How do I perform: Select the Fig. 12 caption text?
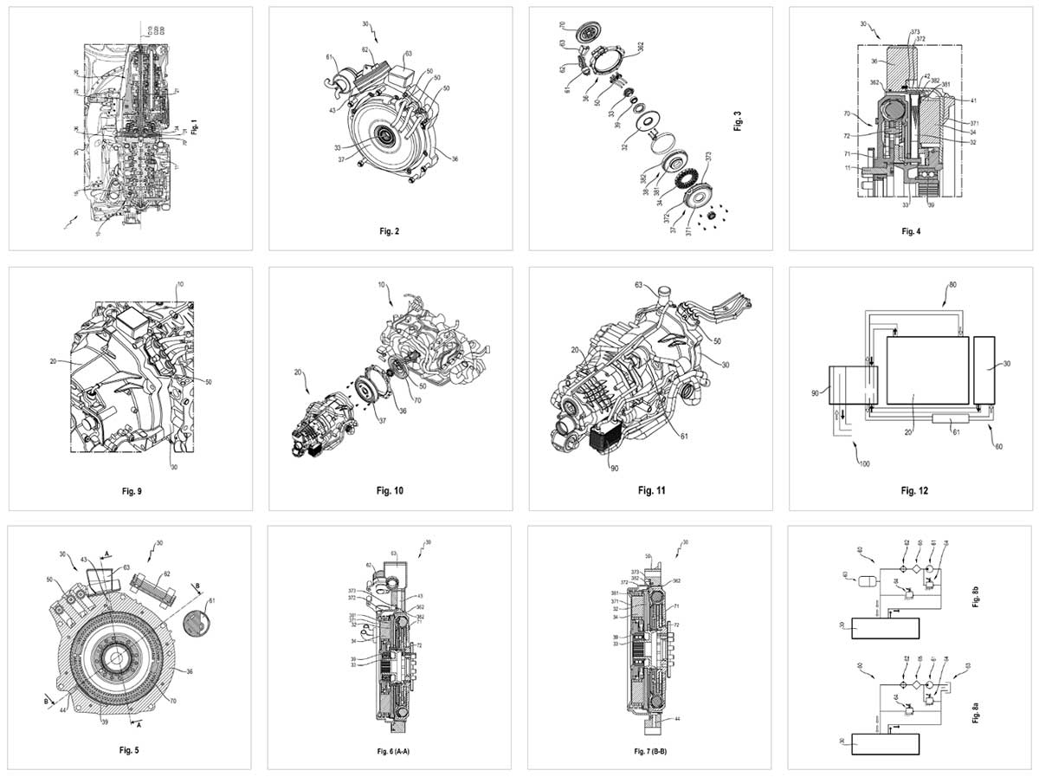tap(908, 491)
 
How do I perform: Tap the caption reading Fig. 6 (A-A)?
tap(389, 751)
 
